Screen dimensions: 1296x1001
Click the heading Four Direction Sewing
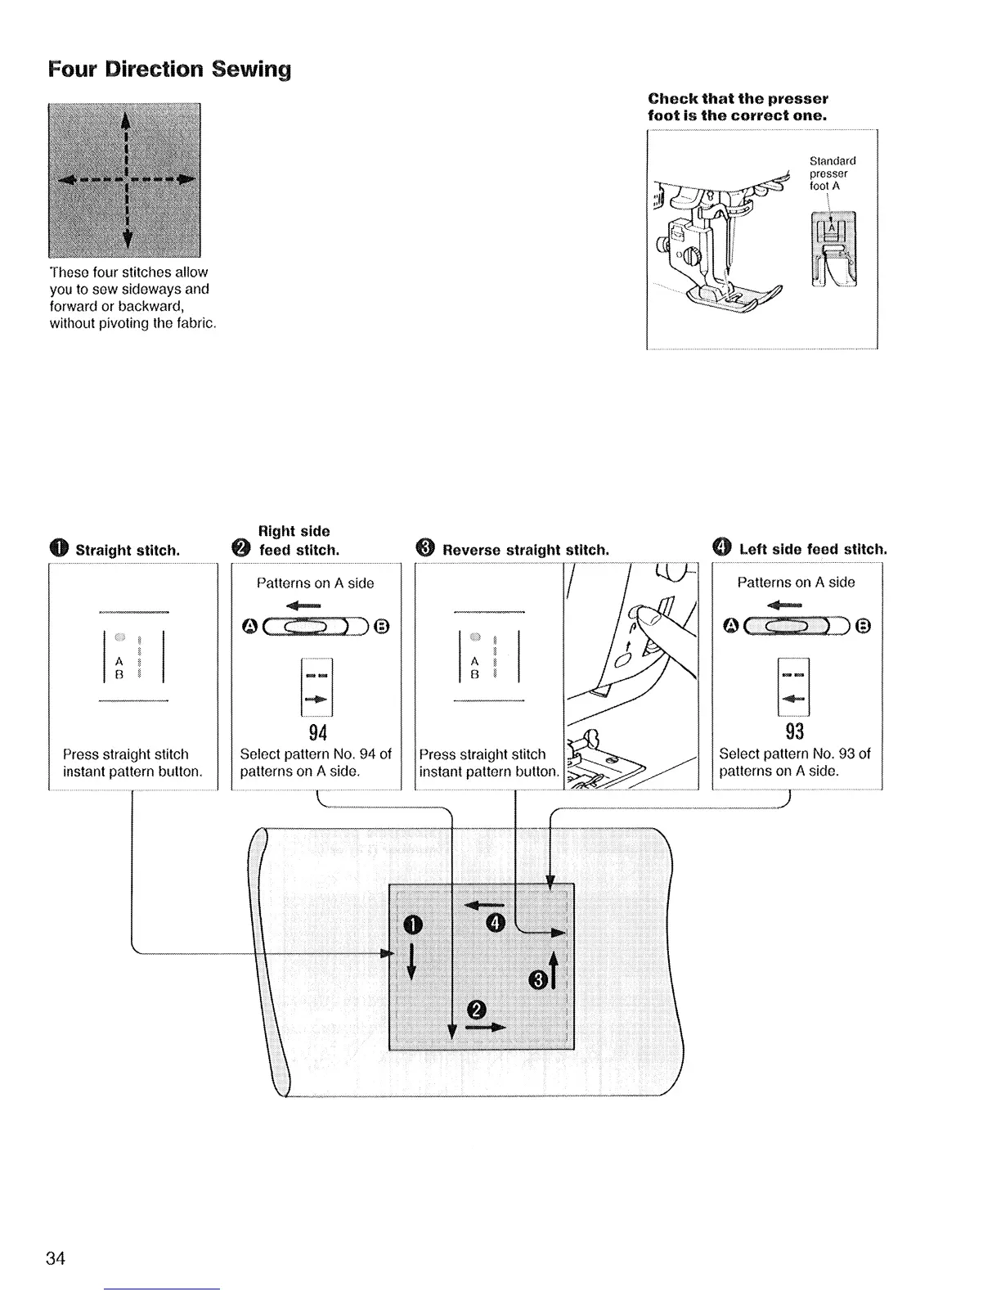coord(168,69)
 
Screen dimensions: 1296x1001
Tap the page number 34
coord(56,1258)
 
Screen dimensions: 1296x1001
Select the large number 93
coord(795,730)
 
